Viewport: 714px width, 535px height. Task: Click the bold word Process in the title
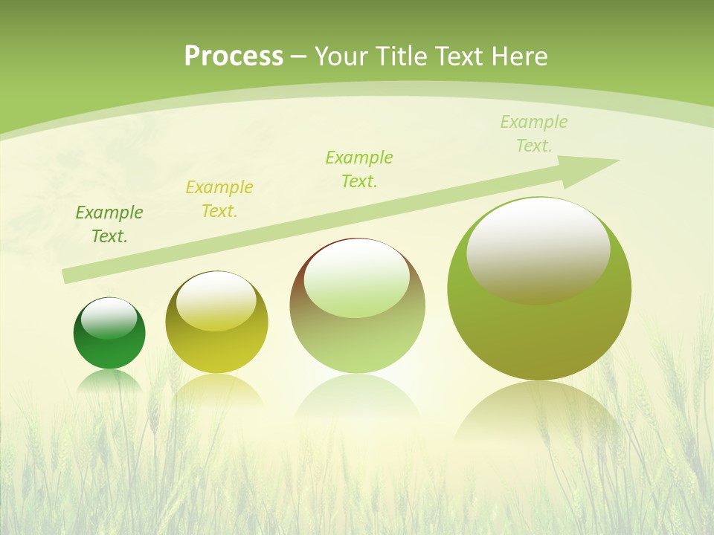234,56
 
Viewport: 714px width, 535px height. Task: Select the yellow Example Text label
219,199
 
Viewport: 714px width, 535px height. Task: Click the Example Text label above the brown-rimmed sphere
359,169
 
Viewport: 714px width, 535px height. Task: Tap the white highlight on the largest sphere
538,249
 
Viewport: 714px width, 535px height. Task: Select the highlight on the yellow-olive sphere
216,301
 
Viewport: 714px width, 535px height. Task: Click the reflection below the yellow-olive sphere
216,391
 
